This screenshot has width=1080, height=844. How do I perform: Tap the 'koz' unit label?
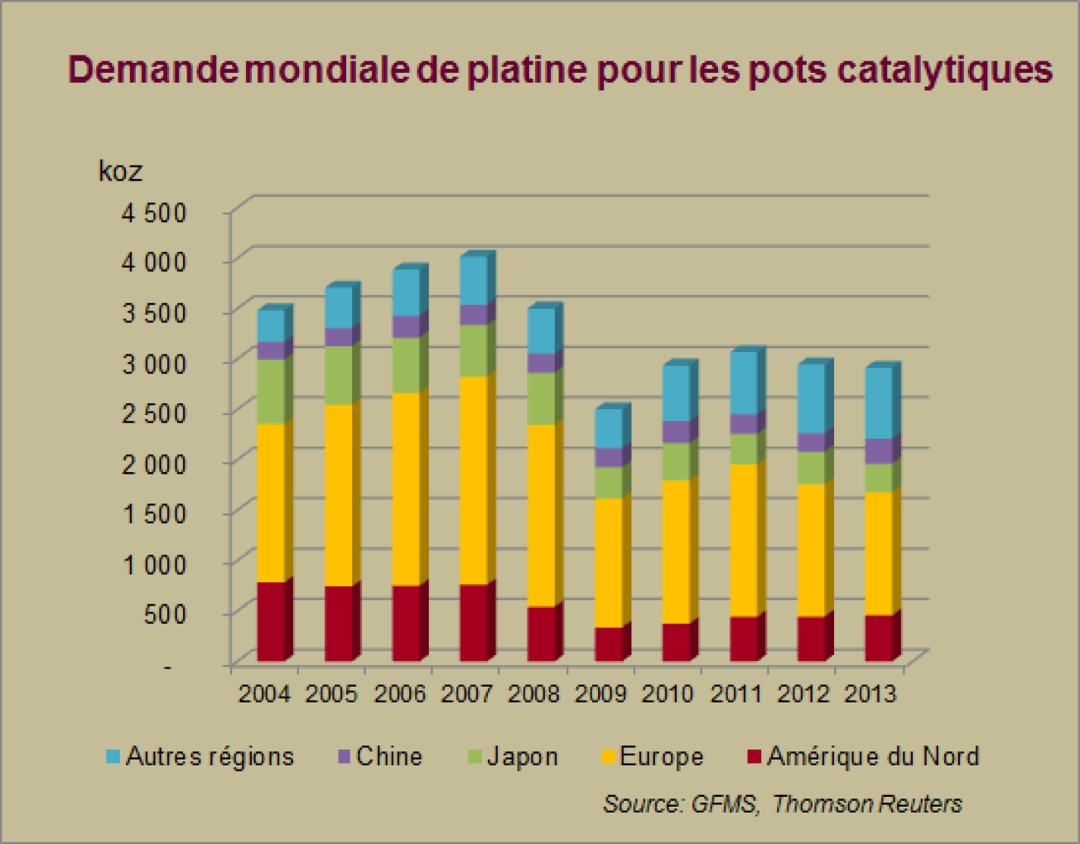coord(120,171)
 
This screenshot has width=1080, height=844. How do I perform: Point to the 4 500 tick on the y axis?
coord(154,212)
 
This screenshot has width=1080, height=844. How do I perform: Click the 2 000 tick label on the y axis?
coord(154,463)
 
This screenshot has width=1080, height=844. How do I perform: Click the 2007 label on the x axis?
coord(466,693)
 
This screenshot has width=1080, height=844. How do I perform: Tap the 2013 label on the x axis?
coord(870,693)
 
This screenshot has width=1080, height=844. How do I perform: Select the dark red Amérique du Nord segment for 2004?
coord(271,621)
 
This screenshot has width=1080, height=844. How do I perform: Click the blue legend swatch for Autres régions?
coord(113,756)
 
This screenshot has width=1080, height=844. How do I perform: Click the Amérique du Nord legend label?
coord(873,756)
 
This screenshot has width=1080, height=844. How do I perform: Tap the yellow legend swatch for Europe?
coord(609,756)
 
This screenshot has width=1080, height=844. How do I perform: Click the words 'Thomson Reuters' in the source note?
coord(867,803)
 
